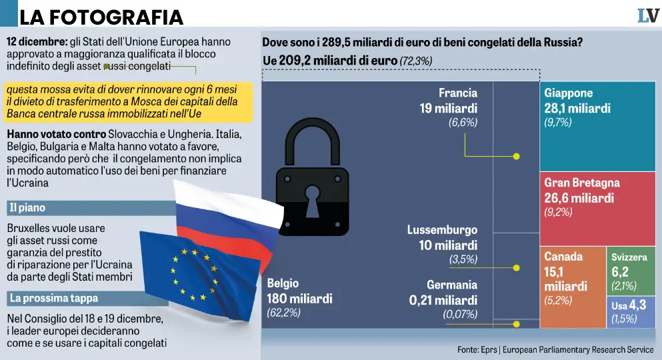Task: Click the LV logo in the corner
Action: pyautogui.click(x=647, y=15)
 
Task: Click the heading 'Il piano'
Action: pyautogui.click(x=27, y=208)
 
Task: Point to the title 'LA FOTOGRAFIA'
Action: pyautogui.click(x=101, y=17)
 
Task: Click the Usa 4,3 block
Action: pyautogui.click(x=629, y=311)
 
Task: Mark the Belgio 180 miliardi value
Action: pyautogui.click(x=299, y=298)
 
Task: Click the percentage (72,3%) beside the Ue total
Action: pyautogui.click(x=416, y=61)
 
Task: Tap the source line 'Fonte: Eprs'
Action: pyautogui.click(x=555, y=350)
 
